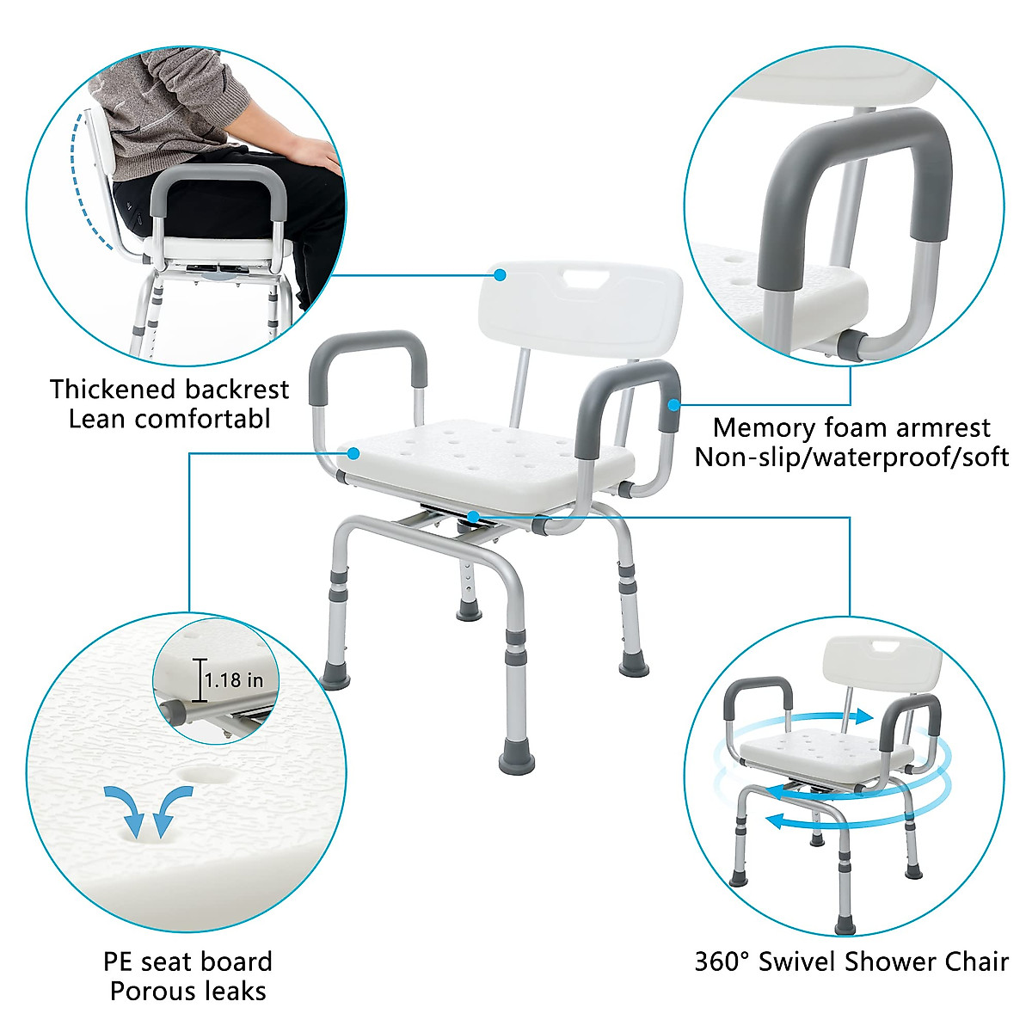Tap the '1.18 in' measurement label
click(234, 680)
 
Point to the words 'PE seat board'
click(187, 961)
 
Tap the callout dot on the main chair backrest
click(500, 274)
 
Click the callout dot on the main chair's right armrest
click(675, 403)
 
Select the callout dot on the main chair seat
click(353, 452)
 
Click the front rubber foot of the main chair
click(516, 760)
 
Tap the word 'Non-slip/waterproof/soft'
click(851, 457)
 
